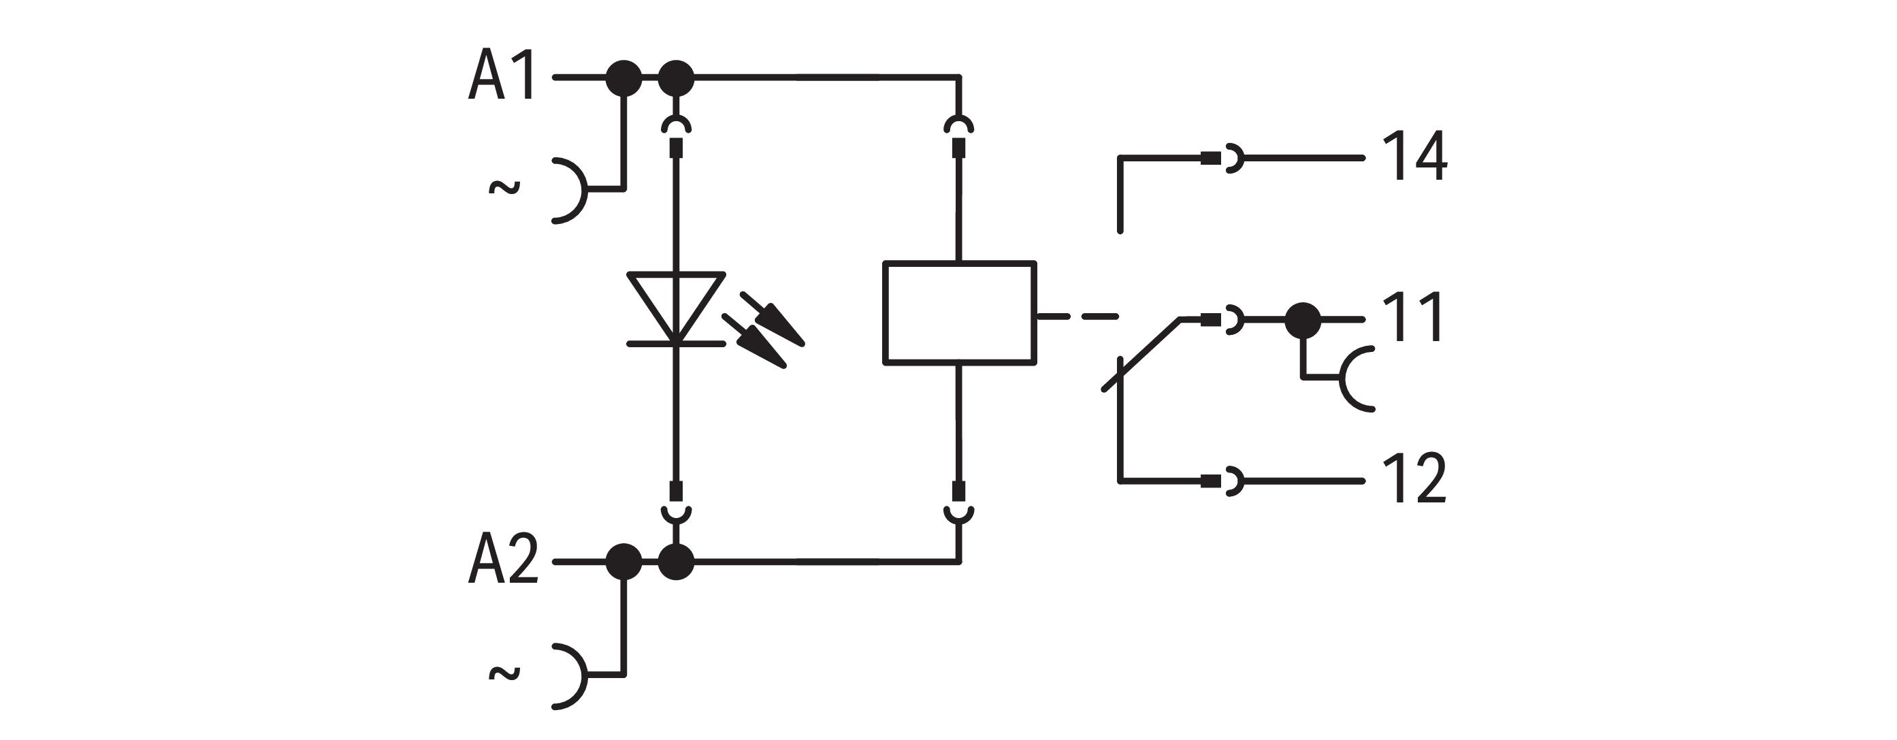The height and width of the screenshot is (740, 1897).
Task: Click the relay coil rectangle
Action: (x=959, y=312)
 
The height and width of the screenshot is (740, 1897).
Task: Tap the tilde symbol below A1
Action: (x=504, y=189)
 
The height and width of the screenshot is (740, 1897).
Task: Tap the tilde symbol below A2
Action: (x=504, y=673)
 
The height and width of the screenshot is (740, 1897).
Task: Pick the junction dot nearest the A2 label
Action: (x=623, y=562)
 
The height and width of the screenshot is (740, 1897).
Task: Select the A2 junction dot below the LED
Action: (x=675, y=562)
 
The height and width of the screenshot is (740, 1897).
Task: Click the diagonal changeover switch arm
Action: (x=1141, y=354)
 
